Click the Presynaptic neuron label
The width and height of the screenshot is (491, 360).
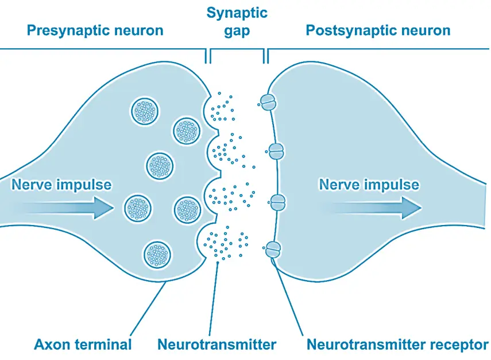[x=95, y=30]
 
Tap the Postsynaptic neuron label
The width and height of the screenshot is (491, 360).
[x=378, y=30]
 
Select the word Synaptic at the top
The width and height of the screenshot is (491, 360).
[x=237, y=13]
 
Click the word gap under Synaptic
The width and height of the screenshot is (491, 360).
[x=237, y=31]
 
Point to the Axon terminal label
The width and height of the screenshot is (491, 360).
[x=83, y=344]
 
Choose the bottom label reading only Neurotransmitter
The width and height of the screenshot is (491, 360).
[x=216, y=344]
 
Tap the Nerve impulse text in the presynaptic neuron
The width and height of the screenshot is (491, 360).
[x=61, y=185]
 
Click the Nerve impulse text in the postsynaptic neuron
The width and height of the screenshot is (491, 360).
[x=369, y=185]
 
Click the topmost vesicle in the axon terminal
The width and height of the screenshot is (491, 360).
[x=145, y=110]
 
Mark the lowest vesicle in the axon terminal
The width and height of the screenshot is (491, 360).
[x=157, y=253]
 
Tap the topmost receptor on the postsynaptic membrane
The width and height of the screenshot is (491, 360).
[x=267, y=102]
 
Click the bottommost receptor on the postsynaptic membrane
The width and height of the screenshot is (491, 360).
[x=273, y=249]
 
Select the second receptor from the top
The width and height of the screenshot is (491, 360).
[x=276, y=152]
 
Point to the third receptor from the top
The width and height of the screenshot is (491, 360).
[x=278, y=202]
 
